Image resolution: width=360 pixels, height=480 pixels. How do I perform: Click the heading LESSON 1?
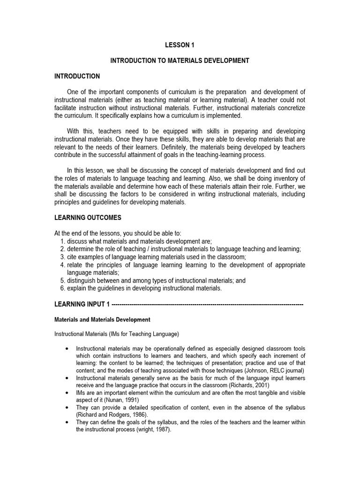click(x=180, y=45)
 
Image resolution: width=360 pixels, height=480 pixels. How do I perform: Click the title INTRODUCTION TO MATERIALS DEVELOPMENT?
click(x=180, y=60)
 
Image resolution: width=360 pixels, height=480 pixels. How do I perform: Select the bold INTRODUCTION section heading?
click(x=77, y=76)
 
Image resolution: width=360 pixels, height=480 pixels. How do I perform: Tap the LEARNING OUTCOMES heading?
click(x=88, y=217)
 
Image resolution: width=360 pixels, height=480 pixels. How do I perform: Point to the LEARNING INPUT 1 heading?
click(x=82, y=304)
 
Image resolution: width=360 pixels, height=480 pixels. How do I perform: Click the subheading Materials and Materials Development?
click(x=103, y=320)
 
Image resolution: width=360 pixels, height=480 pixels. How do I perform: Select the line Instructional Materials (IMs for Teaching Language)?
click(x=117, y=334)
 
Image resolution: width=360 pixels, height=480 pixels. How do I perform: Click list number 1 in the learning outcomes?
click(x=62, y=241)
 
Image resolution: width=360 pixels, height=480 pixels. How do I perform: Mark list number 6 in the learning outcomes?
click(x=62, y=288)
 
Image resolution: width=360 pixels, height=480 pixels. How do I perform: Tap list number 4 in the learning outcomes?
click(x=62, y=265)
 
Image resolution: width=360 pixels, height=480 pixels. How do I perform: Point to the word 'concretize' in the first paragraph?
click(x=289, y=108)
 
